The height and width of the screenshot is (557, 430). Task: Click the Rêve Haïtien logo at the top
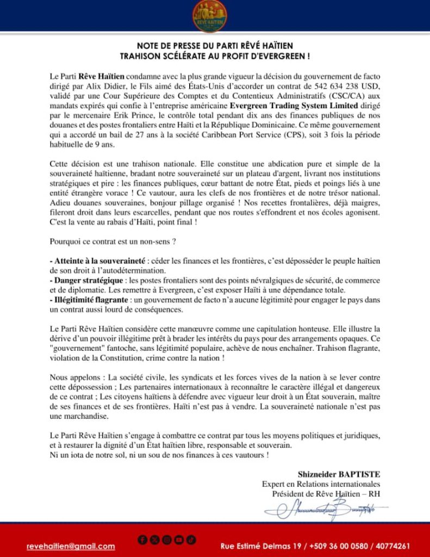(210, 16)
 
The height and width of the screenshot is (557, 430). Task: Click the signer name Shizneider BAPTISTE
(339, 474)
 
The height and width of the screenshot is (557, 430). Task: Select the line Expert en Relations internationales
(321, 484)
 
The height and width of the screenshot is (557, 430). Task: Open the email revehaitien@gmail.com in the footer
(71, 546)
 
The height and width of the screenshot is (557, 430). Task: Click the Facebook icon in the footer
(142, 540)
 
